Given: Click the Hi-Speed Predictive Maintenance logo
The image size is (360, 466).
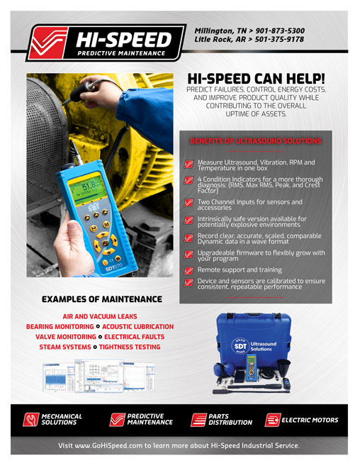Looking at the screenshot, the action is point(99,40).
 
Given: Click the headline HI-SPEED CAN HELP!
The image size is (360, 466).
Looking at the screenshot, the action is point(255,79).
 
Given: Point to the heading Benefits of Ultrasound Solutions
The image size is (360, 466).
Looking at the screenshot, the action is point(256,141).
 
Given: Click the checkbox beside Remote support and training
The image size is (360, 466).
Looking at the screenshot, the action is point(189,270).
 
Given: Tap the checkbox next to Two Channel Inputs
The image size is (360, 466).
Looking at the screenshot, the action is point(189,204).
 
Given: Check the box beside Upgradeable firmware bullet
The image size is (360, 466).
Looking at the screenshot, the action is point(189,254).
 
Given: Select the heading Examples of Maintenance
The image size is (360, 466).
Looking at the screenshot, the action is point(99,299).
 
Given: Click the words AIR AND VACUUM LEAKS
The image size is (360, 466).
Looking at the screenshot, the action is point(99,316).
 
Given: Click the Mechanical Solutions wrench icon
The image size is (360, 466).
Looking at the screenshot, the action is point(30,420).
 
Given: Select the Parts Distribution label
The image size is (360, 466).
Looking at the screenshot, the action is point(230,420).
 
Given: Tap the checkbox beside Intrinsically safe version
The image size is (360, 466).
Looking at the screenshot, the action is point(189,221).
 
